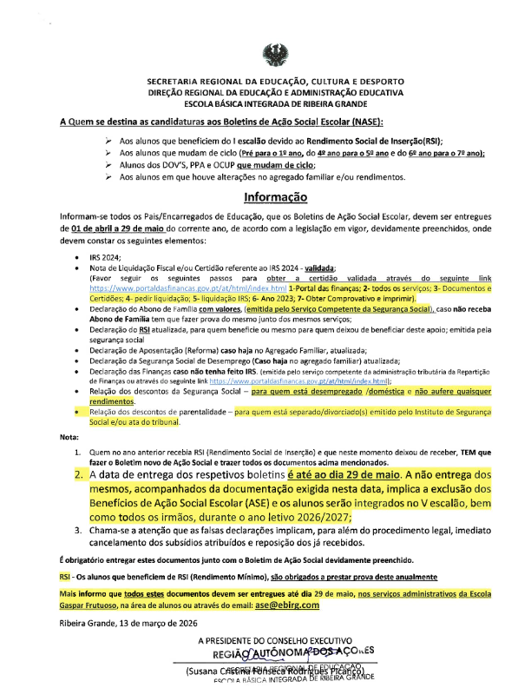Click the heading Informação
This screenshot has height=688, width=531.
point(265,197)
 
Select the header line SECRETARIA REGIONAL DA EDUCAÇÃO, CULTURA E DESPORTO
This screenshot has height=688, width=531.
point(265,77)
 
